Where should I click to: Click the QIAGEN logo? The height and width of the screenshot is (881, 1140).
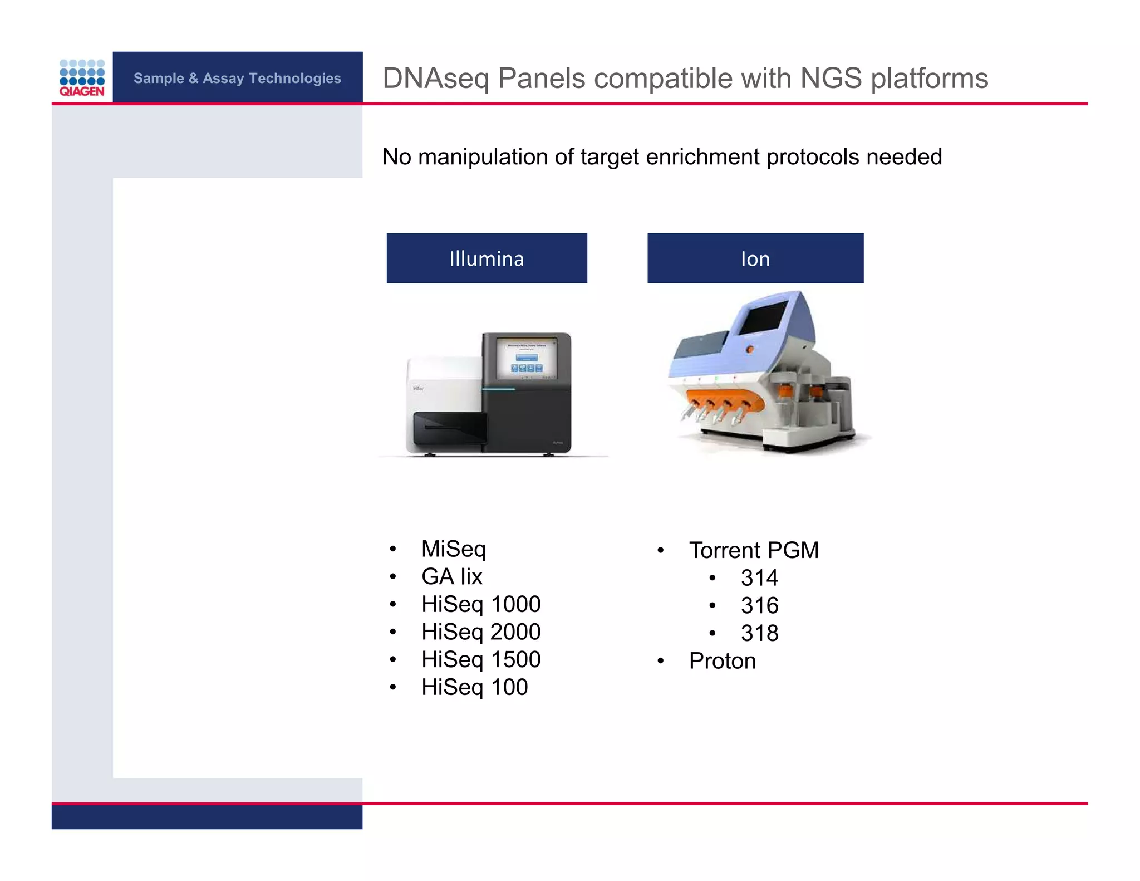pyautogui.click(x=82, y=78)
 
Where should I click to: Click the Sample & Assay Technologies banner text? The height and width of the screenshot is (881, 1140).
pyautogui.click(x=237, y=78)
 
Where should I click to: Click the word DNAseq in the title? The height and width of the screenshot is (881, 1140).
pyautogui.click(x=436, y=79)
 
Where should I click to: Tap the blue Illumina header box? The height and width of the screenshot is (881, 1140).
pyautogui.click(x=487, y=258)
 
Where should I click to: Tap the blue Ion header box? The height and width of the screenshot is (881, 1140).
pyautogui.click(x=755, y=258)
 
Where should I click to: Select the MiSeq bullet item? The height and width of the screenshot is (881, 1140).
pyautogui.click(x=454, y=549)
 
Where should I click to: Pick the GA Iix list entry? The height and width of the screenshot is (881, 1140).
pyautogui.click(x=451, y=577)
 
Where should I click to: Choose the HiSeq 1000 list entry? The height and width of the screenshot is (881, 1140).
pyautogui.click(x=481, y=604)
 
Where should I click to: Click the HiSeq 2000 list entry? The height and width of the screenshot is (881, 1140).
pyautogui.click(x=481, y=632)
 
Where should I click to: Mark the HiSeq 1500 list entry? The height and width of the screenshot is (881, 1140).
pyautogui.click(x=481, y=660)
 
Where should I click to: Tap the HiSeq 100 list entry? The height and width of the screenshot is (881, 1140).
pyautogui.click(x=474, y=687)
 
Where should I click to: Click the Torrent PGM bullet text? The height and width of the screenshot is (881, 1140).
pyautogui.click(x=754, y=550)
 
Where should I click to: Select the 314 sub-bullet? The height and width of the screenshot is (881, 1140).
pyautogui.click(x=759, y=578)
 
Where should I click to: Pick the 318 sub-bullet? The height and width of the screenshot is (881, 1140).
pyautogui.click(x=759, y=633)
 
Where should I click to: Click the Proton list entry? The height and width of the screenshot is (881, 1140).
pyautogui.click(x=722, y=661)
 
